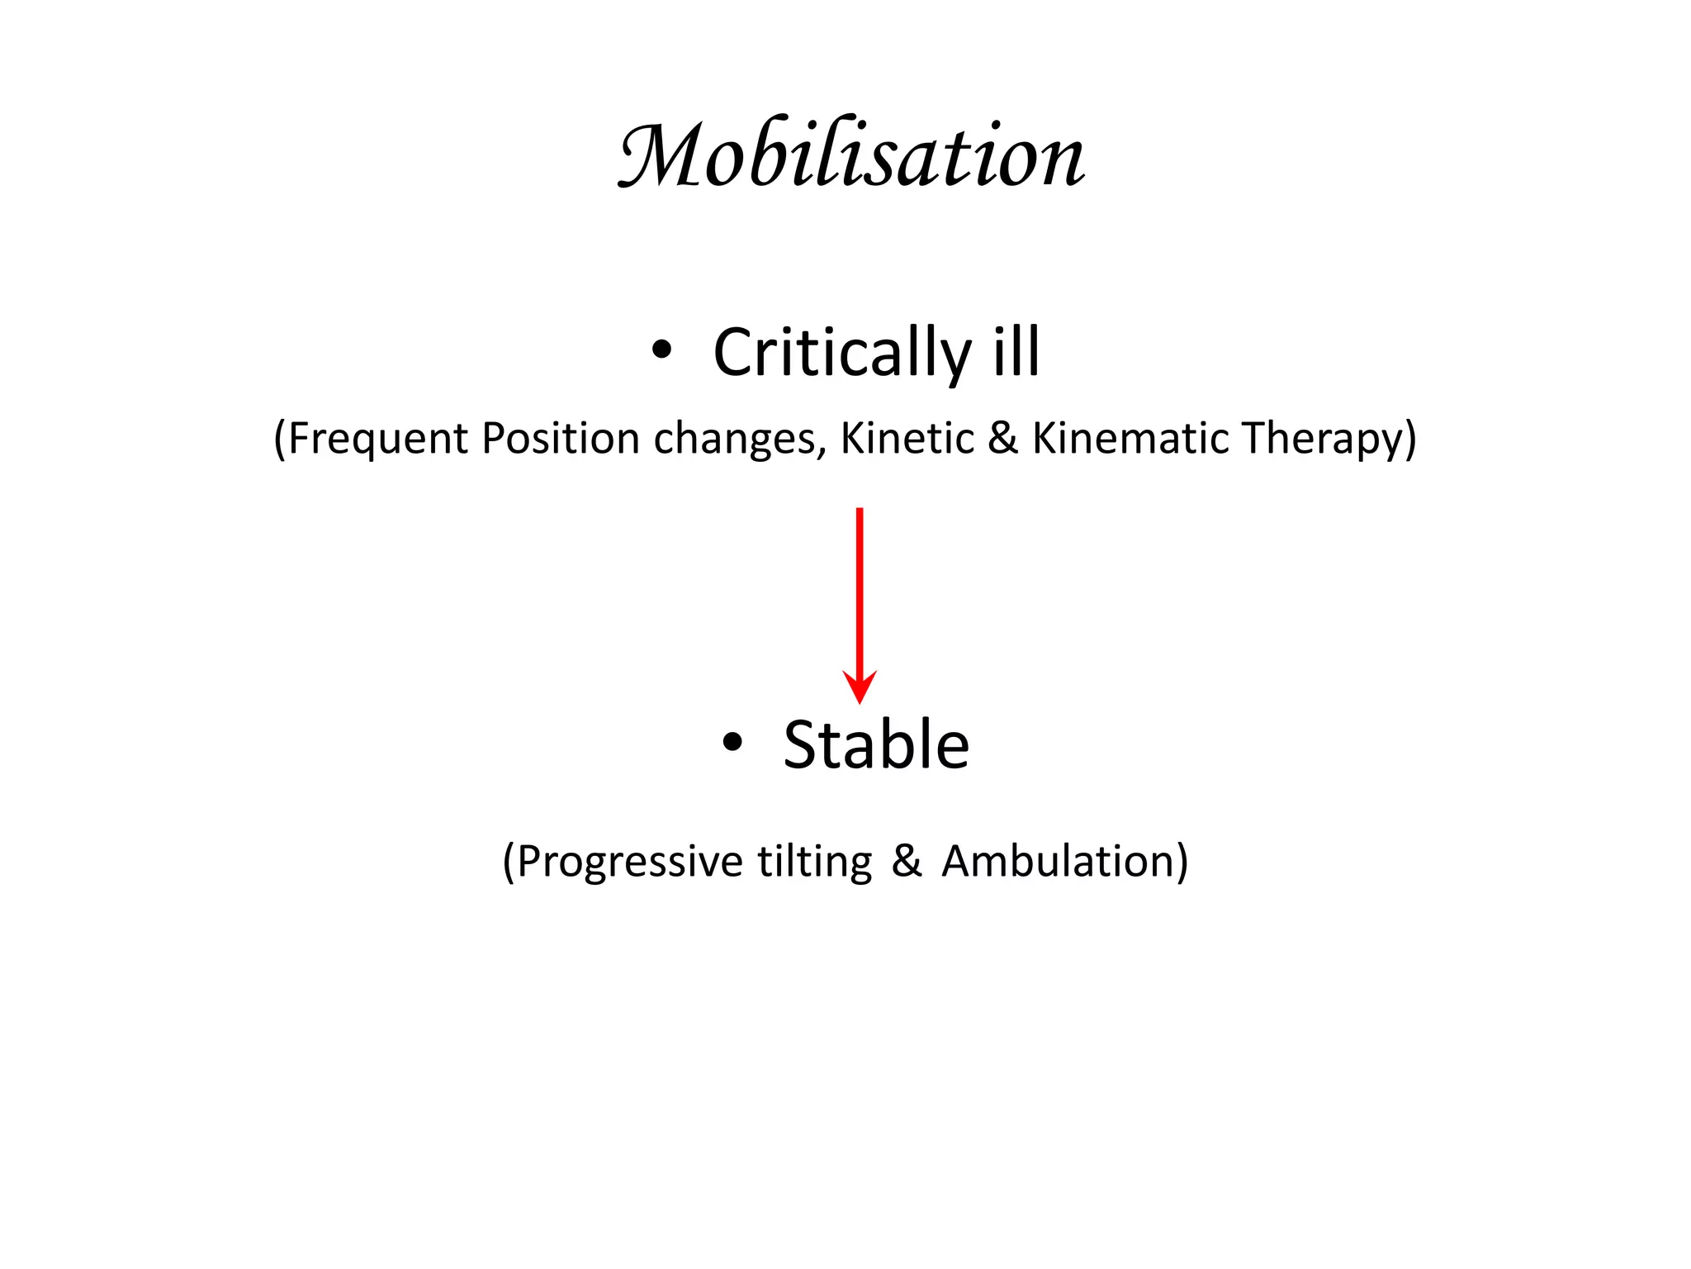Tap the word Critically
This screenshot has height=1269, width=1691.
(842, 354)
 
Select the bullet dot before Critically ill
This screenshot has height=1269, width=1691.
(661, 350)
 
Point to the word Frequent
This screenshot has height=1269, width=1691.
(377, 439)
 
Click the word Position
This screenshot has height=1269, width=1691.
(561, 438)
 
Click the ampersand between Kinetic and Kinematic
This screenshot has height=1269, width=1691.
(1002, 438)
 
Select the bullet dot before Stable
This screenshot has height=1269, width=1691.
(732, 743)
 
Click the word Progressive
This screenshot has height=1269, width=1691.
(631, 862)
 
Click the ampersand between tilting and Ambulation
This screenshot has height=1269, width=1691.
(906, 861)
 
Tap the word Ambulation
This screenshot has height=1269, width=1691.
(1058, 861)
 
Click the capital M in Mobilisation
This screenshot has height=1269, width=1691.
(656, 156)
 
